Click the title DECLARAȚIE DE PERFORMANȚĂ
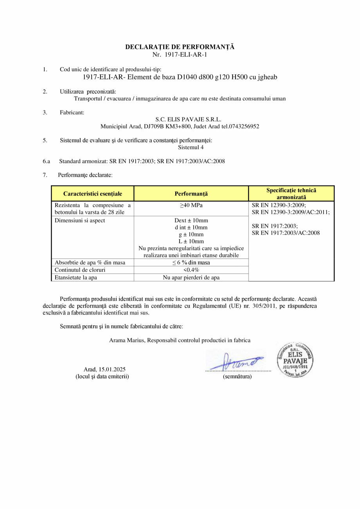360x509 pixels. pyautogui.click(x=180, y=47)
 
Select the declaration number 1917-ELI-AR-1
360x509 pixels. pyautogui.click(x=186, y=54)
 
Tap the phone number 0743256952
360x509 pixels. pyautogui.click(x=240, y=126)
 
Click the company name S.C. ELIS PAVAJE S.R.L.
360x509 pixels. pyautogui.click(x=188, y=119)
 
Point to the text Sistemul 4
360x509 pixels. pyautogui.click(x=191, y=147)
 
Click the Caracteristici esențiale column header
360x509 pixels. pyautogui.click(x=93, y=193)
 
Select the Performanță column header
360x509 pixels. pyautogui.click(x=191, y=193)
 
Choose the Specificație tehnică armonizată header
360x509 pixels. pyautogui.click(x=291, y=193)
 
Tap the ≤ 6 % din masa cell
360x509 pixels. pyautogui.click(x=191, y=262)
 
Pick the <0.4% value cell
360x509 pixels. pyautogui.click(x=191, y=270)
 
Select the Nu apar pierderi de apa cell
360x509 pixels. pyautogui.click(x=191, y=277)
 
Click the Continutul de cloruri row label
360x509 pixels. pyautogui.click(x=80, y=270)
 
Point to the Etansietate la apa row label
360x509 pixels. pyautogui.click(x=76, y=277)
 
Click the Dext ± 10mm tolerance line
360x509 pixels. pyautogui.click(x=191, y=220)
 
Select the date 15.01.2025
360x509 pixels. pyautogui.click(x=112, y=369)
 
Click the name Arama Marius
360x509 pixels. pyautogui.click(x=127, y=340)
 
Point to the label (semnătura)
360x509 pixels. pyautogui.click(x=237, y=376)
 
